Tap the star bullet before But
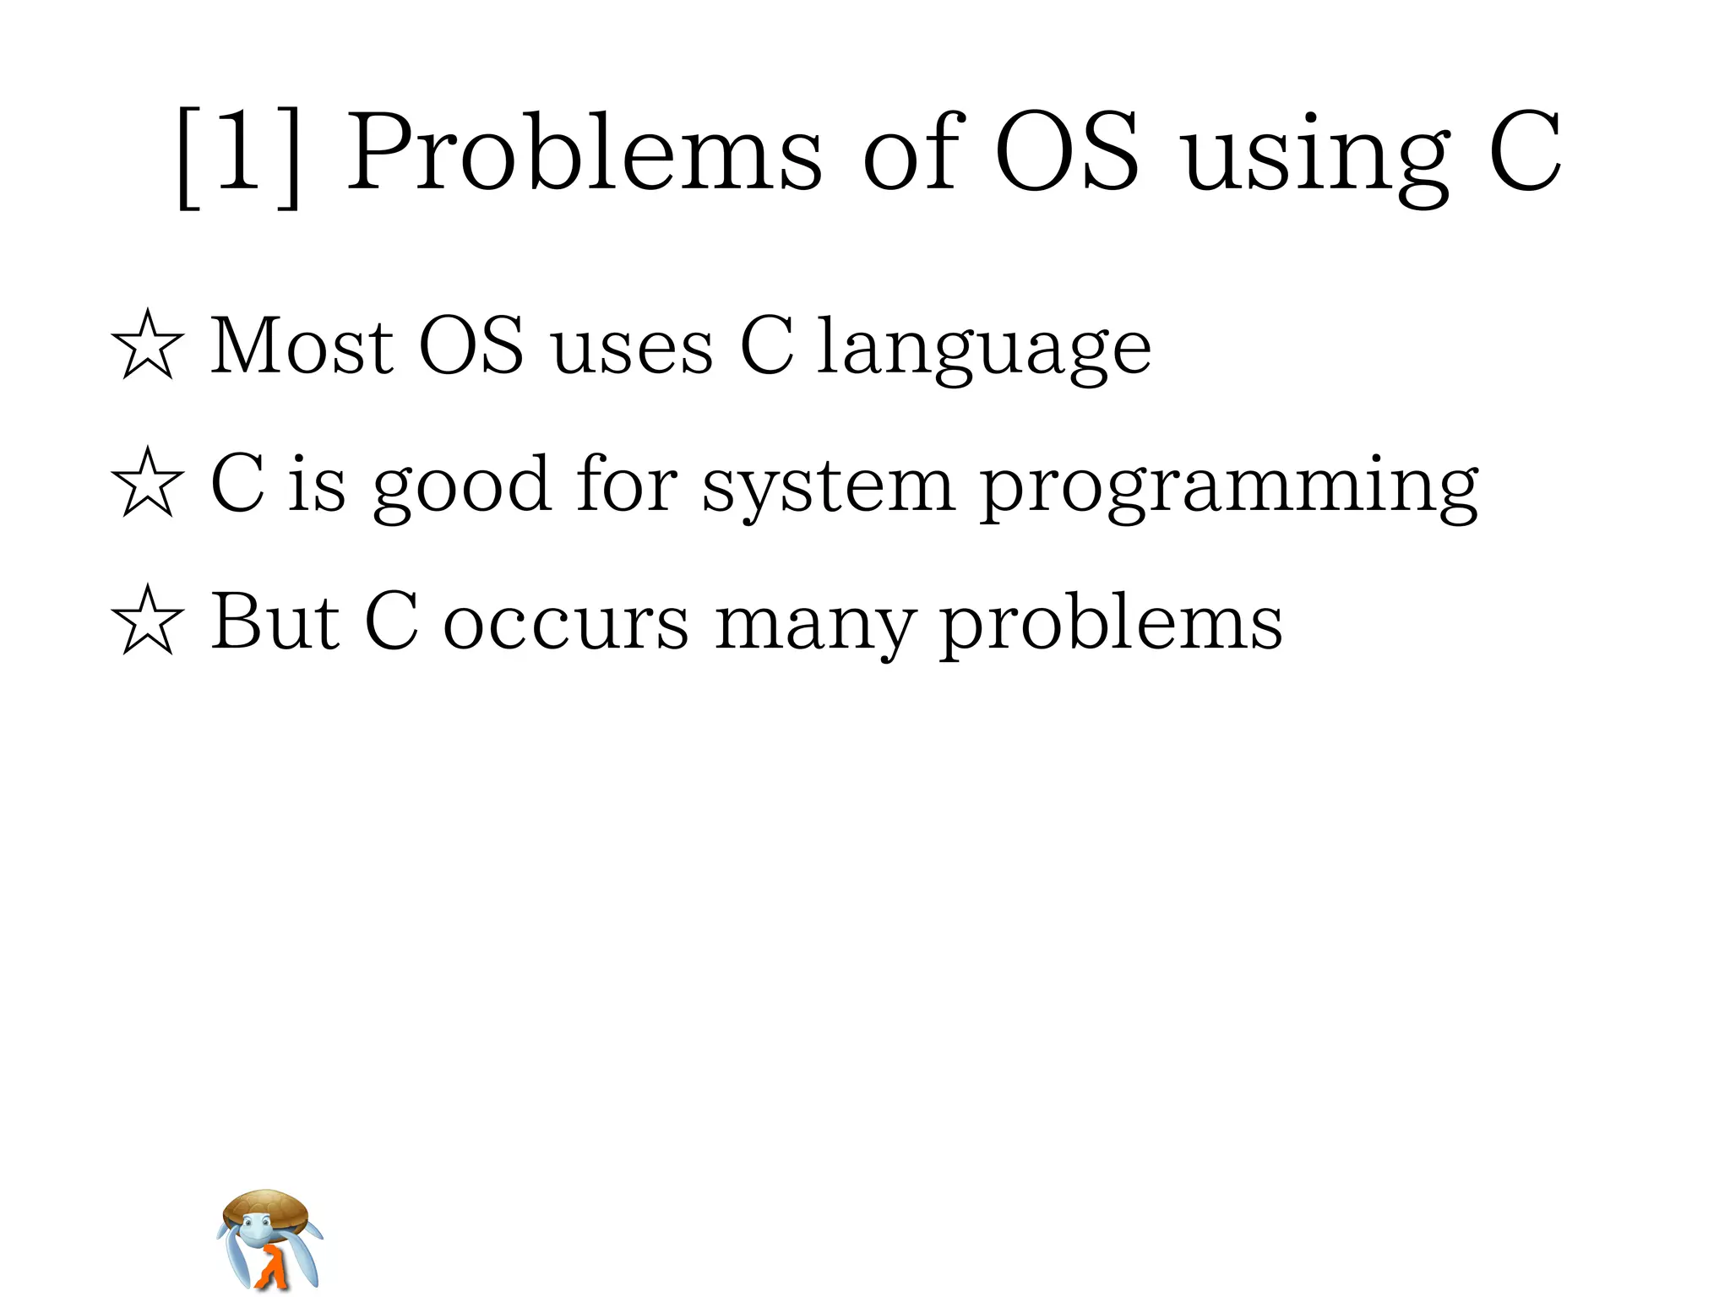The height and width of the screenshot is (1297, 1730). coord(147,621)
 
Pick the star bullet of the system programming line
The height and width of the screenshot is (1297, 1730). coord(147,483)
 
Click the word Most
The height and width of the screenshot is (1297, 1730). coord(301,346)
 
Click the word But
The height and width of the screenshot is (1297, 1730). coord(275,623)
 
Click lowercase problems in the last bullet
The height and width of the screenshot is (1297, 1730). coord(1112,625)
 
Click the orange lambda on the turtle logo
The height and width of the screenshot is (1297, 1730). coord(272,1267)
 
